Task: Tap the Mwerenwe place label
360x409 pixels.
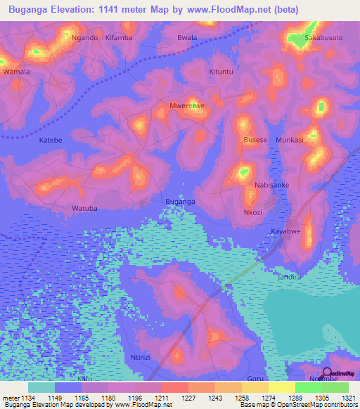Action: (x=187, y=105)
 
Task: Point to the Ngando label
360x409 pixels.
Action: (x=84, y=37)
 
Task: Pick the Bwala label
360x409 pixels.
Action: (x=186, y=37)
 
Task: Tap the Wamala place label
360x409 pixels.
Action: (x=16, y=72)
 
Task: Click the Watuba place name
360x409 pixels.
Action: (x=84, y=208)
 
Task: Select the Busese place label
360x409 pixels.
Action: (x=255, y=140)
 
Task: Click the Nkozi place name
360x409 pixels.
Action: (x=253, y=212)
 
